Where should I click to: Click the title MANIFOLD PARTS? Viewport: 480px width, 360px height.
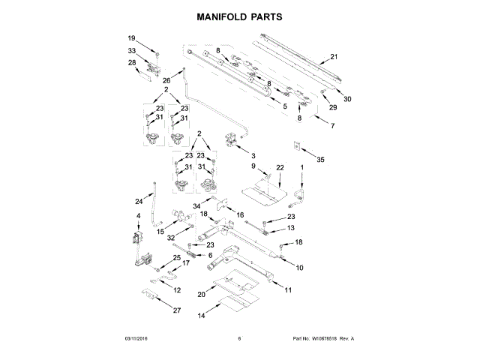[240, 15]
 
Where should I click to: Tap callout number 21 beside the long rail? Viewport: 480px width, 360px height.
[334, 56]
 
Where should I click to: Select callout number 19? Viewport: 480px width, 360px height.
[131, 38]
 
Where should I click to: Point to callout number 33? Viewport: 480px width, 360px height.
[131, 51]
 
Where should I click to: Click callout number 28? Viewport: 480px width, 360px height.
[131, 63]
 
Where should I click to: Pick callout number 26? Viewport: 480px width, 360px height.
[166, 80]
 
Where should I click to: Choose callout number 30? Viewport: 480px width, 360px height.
[346, 99]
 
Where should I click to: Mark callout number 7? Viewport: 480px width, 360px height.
[332, 124]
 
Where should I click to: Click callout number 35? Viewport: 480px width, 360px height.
[321, 159]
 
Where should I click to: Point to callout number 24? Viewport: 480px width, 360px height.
[138, 201]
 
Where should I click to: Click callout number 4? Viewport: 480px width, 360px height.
[137, 216]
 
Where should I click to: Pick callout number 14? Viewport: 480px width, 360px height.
[200, 316]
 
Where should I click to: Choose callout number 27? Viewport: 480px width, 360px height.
[177, 310]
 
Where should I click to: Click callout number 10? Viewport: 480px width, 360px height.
[299, 267]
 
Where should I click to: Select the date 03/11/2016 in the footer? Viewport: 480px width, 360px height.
[138, 338]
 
